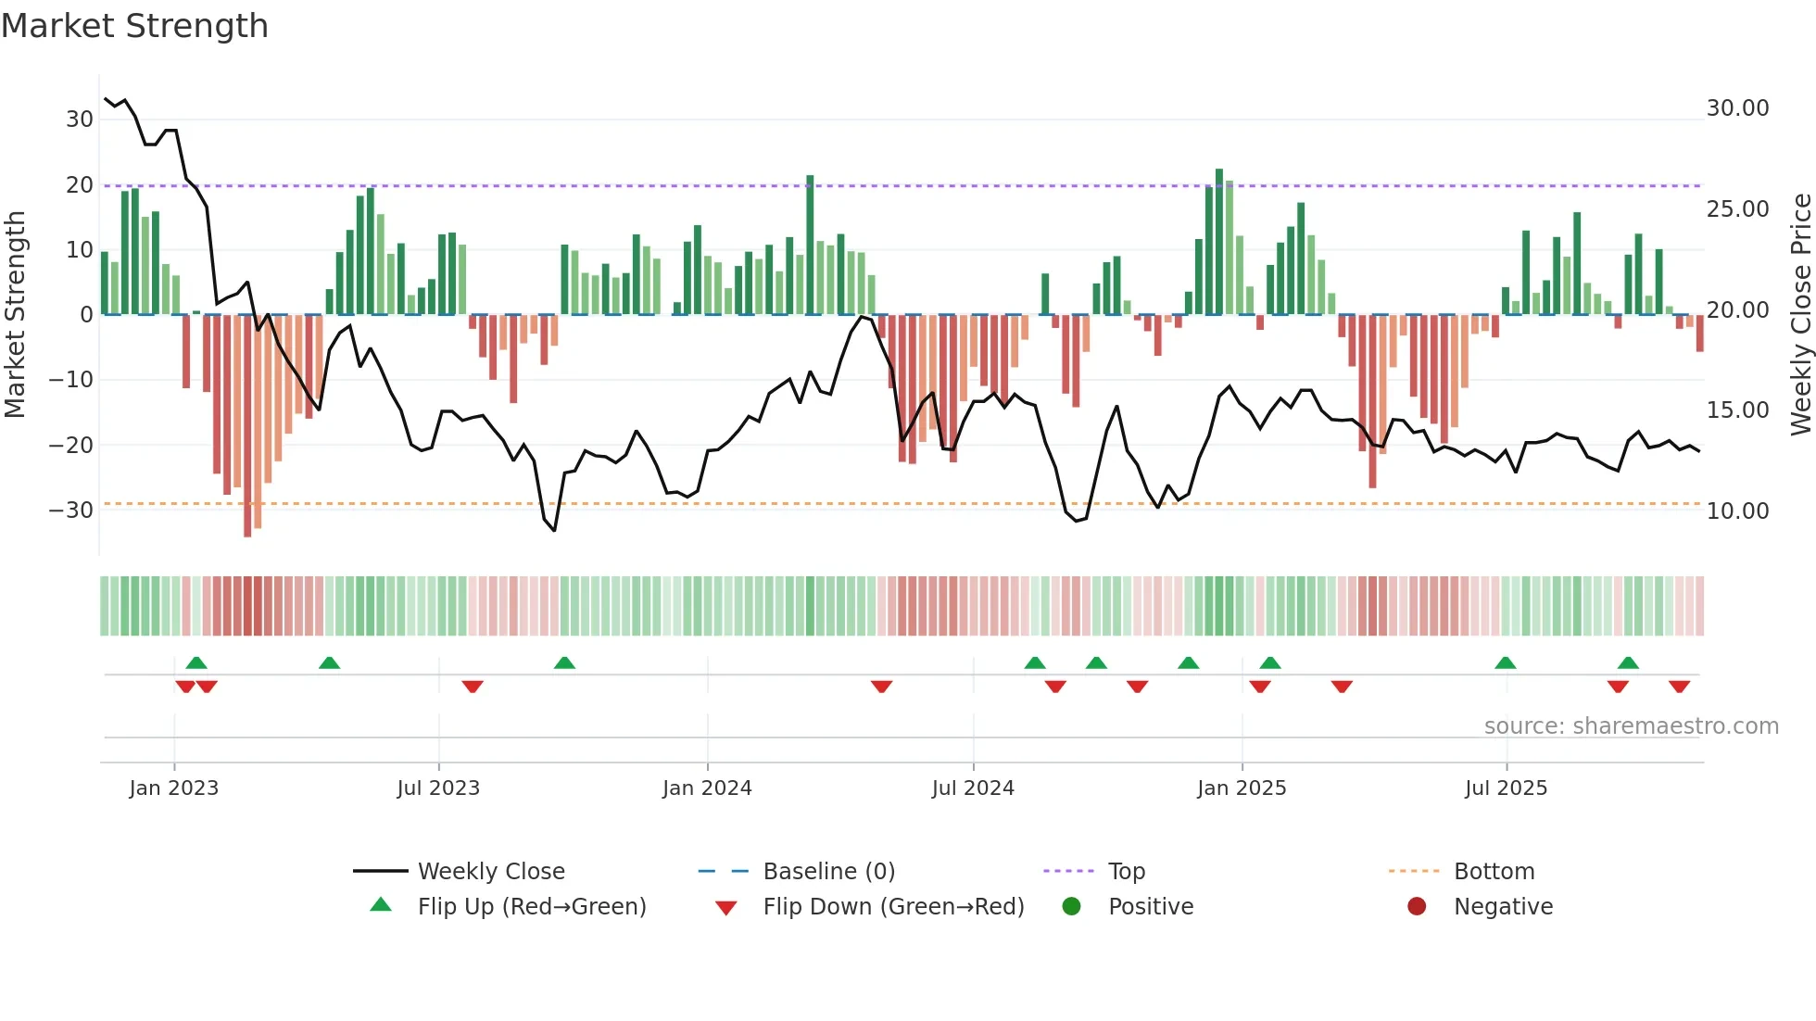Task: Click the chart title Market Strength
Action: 134,26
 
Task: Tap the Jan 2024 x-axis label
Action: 707,788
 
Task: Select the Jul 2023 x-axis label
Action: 438,788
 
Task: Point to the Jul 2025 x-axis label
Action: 1506,788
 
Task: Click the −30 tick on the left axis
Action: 71,510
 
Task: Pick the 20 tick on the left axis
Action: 79,185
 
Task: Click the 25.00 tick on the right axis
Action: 1737,209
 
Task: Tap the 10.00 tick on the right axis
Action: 1737,511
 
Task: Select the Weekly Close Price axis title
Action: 1800,315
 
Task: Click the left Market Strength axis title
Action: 15,315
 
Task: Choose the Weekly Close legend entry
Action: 490,872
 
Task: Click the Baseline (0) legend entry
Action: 828,872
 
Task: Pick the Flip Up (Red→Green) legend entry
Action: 531,907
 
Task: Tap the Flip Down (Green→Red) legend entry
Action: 893,907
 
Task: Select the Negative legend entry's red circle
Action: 1417,907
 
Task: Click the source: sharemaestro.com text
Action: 1631,726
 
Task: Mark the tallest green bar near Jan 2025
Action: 1219,241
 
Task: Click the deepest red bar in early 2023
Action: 247,426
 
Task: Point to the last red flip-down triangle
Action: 1679,687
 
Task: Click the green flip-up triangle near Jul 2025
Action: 1506,662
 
